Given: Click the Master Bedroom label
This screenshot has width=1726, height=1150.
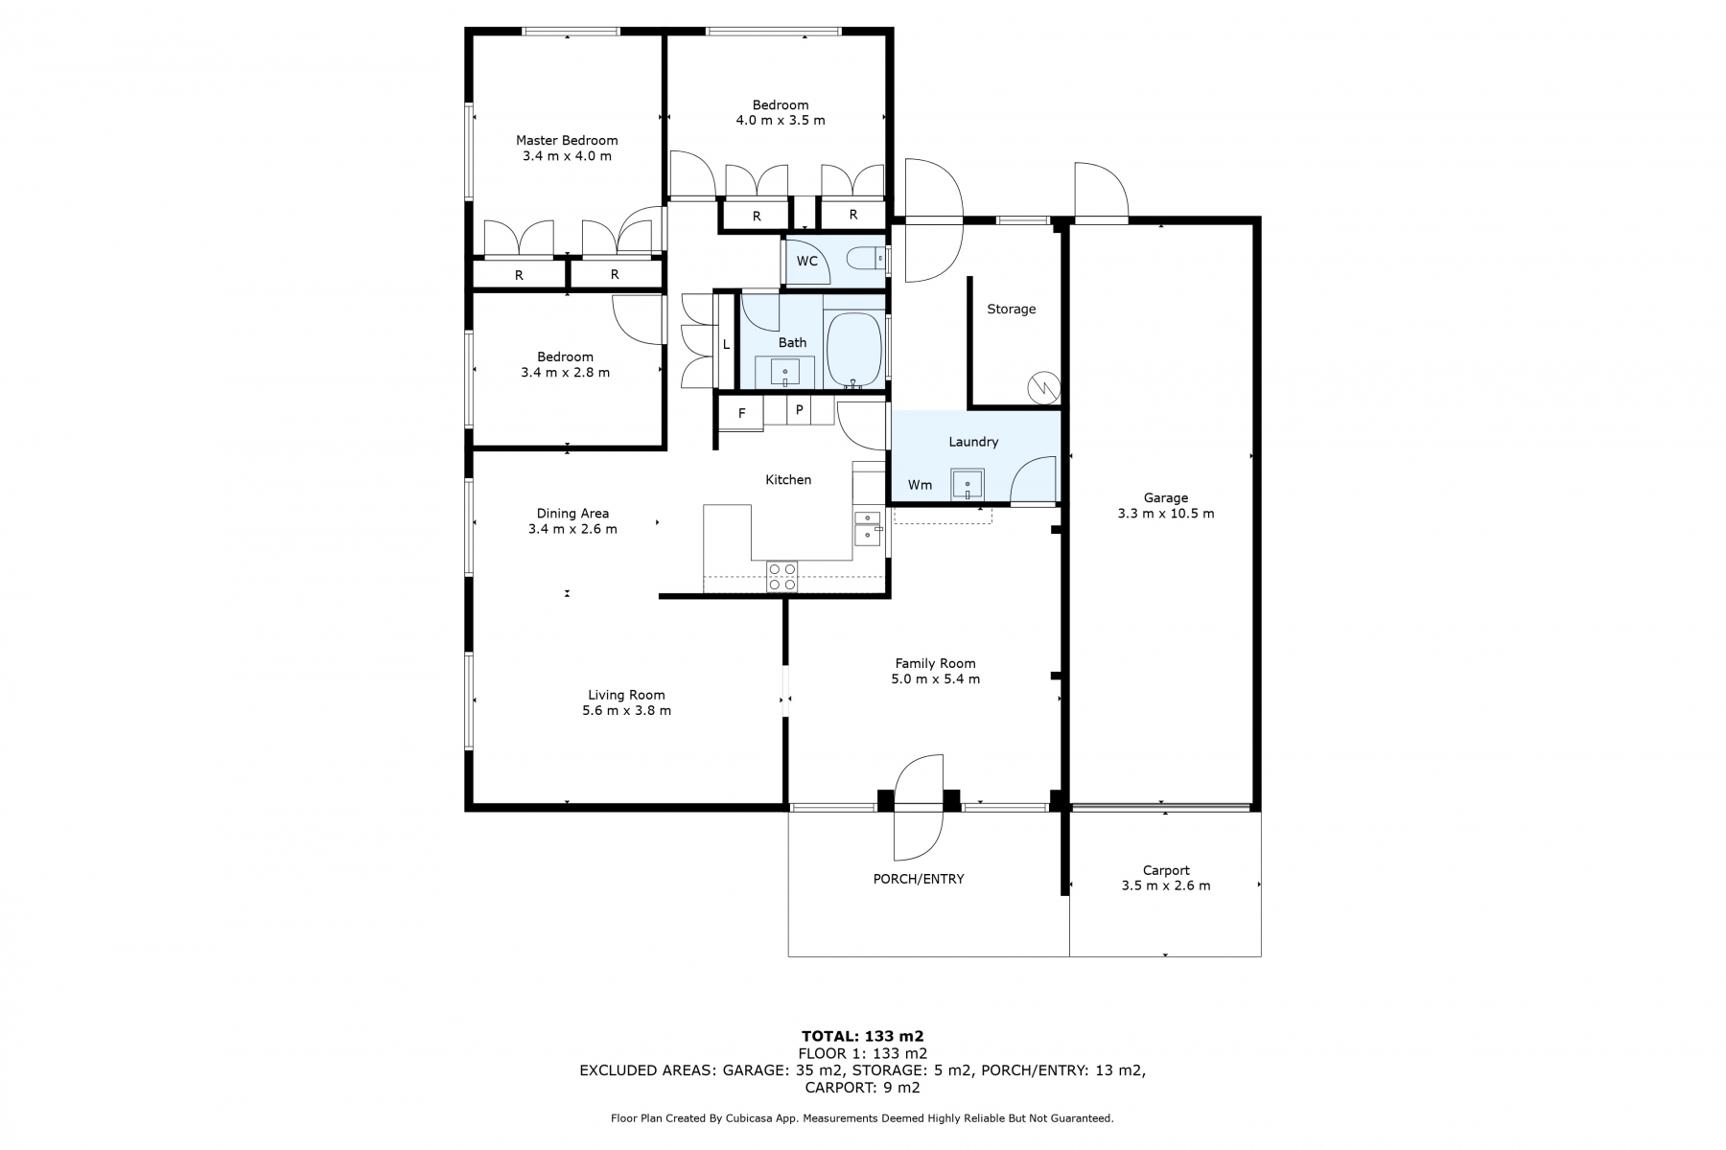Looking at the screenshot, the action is (x=567, y=140).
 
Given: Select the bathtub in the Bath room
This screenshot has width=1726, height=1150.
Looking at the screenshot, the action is (x=853, y=349).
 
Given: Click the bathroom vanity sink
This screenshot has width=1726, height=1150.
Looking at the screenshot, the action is (x=785, y=371).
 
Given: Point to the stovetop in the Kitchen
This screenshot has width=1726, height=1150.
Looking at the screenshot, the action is (x=781, y=576).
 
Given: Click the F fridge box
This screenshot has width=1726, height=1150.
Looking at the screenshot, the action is (x=741, y=414).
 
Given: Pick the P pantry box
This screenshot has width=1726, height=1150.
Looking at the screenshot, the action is (x=800, y=410).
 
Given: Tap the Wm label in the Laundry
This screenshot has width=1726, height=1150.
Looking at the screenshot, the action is (x=920, y=485).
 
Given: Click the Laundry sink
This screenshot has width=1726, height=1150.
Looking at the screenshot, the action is (x=968, y=485).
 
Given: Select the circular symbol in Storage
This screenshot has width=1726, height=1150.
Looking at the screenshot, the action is (x=1042, y=388).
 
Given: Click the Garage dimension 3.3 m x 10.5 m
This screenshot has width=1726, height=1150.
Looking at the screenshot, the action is (x=1165, y=514).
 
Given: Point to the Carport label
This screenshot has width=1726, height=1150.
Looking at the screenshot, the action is (x=1166, y=870).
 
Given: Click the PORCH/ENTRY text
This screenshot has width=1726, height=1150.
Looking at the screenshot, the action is (x=919, y=879).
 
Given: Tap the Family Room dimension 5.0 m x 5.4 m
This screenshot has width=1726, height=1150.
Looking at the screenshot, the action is (x=935, y=679).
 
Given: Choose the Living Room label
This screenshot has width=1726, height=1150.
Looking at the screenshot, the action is (x=626, y=696).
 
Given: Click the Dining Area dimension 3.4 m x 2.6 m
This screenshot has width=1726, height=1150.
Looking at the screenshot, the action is (x=572, y=529).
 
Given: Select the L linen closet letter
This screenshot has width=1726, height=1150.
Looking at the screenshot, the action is (x=726, y=345).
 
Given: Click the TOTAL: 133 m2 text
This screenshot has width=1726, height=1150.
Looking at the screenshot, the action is (x=862, y=1036).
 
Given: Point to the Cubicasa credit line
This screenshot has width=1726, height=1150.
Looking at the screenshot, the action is (x=862, y=1118).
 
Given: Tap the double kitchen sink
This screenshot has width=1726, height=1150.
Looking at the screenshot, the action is (x=868, y=528).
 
